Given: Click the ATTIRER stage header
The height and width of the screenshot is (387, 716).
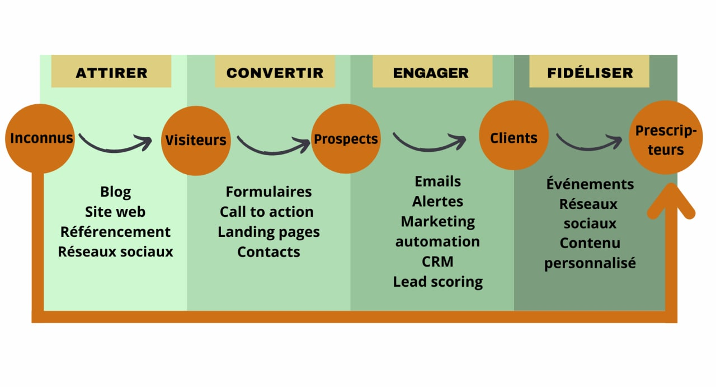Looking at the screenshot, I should (x=111, y=72).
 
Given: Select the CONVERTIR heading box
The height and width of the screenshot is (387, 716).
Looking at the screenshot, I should (x=275, y=72).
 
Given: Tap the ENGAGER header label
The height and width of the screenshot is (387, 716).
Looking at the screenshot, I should (x=431, y=72).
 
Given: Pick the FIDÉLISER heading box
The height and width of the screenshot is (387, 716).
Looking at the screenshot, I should (x=590, y=72).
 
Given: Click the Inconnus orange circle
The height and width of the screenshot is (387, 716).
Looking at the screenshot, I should (x=40, y=138).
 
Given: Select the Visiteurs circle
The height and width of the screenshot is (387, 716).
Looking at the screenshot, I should (x=196, y=140).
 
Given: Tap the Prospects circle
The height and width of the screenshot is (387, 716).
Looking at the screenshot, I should (x=346, y=139).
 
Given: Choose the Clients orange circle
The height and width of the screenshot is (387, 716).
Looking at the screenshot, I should (x=514, y=138).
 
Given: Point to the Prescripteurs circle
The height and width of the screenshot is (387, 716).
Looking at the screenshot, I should (x=665, y=140).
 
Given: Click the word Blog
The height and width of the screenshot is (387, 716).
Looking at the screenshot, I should (x=116, y=192).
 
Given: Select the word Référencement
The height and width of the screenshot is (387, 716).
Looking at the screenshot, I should (x=116, y=231).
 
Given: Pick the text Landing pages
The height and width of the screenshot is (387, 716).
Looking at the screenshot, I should (x=268, y=231).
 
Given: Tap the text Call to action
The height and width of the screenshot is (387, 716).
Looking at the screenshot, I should (x=267, y=212).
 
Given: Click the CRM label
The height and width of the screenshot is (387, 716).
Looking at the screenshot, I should (x=437, y=262).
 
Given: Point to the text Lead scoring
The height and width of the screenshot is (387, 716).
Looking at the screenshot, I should (x=437, y=281).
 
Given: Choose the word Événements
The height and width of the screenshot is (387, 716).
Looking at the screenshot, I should (x=590, y=184).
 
